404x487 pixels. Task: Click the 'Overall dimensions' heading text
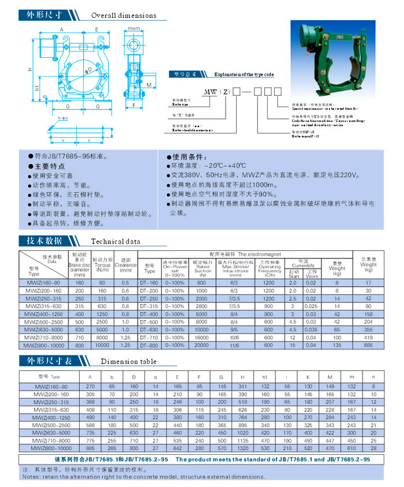[x=124, y=16]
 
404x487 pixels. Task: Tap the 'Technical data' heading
[x=116, y=243]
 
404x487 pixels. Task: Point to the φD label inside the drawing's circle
[x=88, y=70]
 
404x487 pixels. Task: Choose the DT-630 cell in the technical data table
[x=149, y=329]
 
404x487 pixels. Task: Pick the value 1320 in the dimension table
[x=242, y=447]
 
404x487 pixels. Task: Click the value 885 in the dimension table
[x=89, y=447]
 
